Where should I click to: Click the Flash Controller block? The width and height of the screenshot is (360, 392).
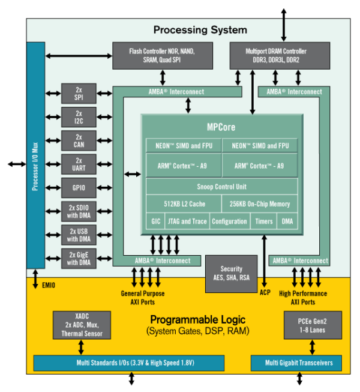(162, 55)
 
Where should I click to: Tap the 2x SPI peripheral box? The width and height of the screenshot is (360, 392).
(79, 93)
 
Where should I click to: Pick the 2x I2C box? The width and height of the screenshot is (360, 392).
(79, 117)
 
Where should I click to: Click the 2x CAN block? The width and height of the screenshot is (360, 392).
(79, 140)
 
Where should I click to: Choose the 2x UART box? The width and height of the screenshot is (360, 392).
(79, 164)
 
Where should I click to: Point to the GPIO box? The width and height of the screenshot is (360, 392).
(79, 187)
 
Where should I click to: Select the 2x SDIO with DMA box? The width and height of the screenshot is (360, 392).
(79, 211)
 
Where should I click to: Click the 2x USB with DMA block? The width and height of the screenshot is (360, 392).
(79, 234)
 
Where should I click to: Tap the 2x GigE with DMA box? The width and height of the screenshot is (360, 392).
(79, 258)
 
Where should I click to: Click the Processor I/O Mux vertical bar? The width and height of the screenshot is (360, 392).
(35, 156)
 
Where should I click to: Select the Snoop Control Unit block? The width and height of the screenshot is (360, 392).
(221, 187)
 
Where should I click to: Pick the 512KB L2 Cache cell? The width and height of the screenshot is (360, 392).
(184, 204)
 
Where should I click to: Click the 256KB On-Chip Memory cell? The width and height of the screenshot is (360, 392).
(260, 204)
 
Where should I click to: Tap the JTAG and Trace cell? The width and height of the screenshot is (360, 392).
(186, 222)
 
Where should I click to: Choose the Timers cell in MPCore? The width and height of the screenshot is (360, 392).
(263, 222)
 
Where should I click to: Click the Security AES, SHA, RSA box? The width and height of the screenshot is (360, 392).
(231, 273)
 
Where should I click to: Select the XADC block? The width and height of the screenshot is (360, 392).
(82, 325)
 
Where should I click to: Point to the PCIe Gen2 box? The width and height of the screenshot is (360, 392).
(312, 325)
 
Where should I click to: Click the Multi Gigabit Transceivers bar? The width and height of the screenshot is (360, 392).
(295, 363)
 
